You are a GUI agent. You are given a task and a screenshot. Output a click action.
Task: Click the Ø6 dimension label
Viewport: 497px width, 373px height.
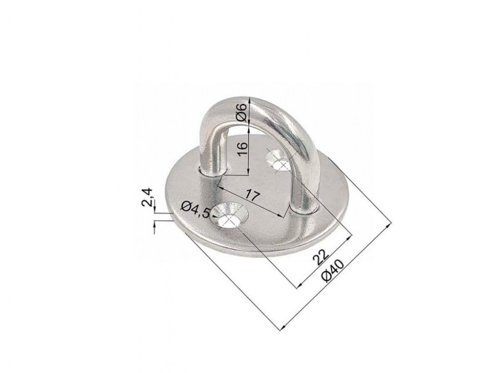[x=241, y=112]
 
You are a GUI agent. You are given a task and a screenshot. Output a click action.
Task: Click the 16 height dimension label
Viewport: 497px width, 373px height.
[x=242, y=149]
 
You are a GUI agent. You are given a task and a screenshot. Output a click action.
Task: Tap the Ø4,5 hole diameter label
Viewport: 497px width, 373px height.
[x=196, y=210]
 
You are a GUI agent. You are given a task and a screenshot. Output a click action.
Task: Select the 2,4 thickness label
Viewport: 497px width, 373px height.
[x=147, y=197]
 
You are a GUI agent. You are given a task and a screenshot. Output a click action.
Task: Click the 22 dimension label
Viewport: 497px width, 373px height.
[x=320, y=257]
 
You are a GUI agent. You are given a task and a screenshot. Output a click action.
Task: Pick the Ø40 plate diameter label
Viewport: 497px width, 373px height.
[x=332, y=270]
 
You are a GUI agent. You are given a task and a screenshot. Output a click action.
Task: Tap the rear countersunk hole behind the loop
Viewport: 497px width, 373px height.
[x=279, y=161]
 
